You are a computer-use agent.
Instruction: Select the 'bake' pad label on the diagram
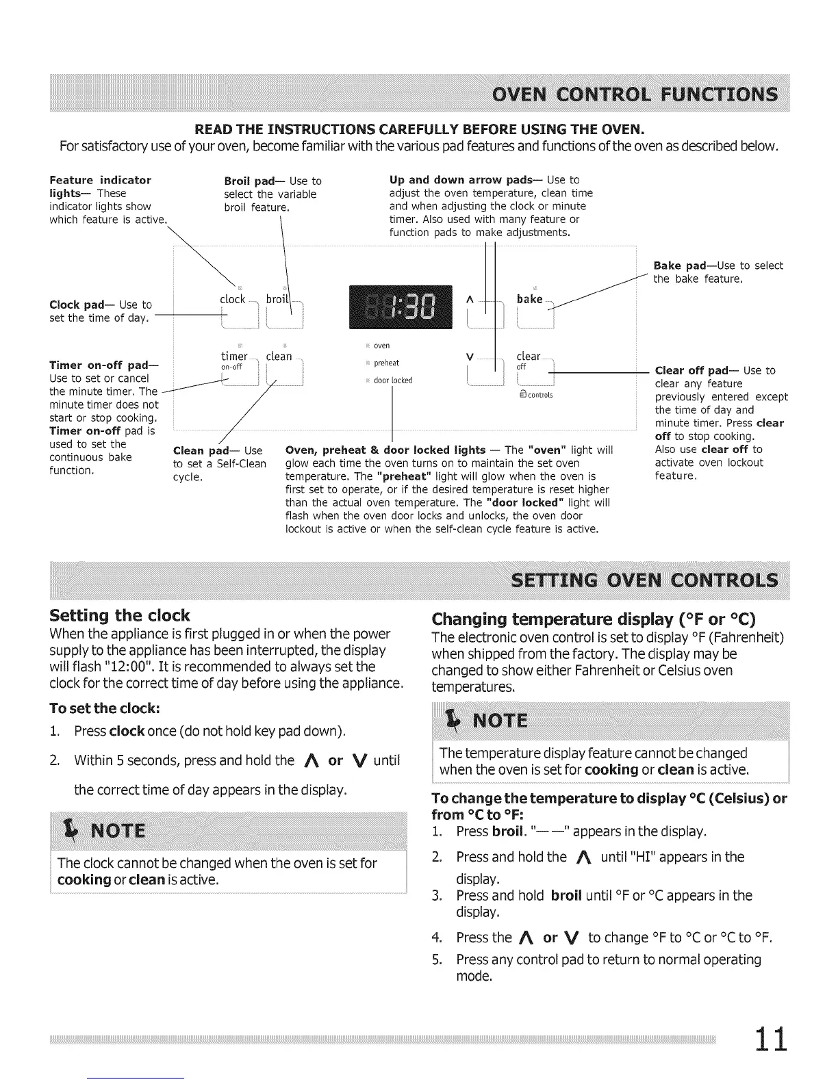pos(529,299)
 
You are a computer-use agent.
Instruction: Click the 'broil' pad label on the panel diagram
pos(278,299)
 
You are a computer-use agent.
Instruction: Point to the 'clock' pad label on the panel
pos(232,299)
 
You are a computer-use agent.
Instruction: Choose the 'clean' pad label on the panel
pos(279,357)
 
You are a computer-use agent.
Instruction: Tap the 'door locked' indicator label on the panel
pos(393,380)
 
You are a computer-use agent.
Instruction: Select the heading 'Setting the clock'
pos(120,615)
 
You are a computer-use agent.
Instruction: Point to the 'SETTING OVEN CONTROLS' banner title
pos(645,580)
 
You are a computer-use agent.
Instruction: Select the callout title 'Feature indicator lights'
pos(100,186)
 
